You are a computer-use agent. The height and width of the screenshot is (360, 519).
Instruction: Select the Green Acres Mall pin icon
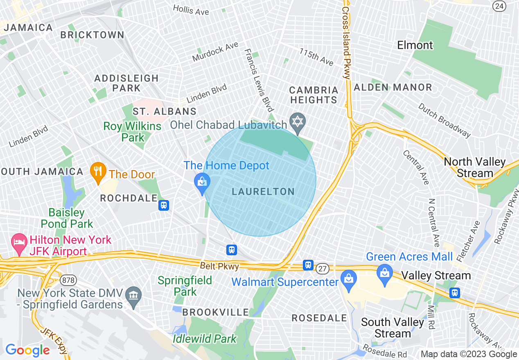pyautogui.click(x=384, y=270)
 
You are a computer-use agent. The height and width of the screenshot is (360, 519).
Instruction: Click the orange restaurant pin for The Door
pyautogui.click(x=98, y=173)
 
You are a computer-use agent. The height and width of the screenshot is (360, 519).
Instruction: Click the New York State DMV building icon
pyautogui.click(x=133, y=294)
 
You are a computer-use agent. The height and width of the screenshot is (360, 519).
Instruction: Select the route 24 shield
pyautogui.click(x=499, y=6)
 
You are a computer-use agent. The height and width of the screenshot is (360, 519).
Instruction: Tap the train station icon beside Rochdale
pyautogui.click(x=164, y=205)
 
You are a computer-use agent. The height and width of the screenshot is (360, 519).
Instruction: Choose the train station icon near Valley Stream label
pyautogui.click(x=454, y=292)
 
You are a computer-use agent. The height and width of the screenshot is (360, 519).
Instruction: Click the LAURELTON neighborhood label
pyautogui.click(x=263, y=191)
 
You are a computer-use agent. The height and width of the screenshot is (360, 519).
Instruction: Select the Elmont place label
pyautogui.click(x=415, y=45)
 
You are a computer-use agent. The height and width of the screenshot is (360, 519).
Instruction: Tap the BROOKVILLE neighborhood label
pyautogui.click(x=215, y=312)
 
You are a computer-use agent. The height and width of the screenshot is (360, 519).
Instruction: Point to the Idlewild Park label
pyautogui.click(x=205, y=339)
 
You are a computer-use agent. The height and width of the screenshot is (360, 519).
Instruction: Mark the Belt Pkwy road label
pyautogui.click(x=219, y=266)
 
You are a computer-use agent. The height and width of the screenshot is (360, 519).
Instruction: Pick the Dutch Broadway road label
pyautogui.click(x=444, y=119)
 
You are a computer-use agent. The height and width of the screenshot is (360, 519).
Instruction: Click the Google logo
pyautogui.click(x=27, y=350)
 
